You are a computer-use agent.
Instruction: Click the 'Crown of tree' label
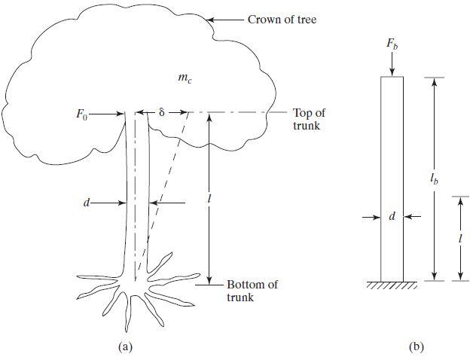pos(282,20)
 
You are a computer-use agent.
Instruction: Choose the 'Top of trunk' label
pos(309,119)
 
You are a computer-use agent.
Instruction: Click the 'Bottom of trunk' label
pos(252,291)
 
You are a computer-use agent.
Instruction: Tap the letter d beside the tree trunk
pos(90,202)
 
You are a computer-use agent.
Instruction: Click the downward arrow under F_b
pos(391,66)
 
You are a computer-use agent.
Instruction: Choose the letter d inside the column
pos(392,217)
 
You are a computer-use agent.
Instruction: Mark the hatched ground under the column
pos(391,285)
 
